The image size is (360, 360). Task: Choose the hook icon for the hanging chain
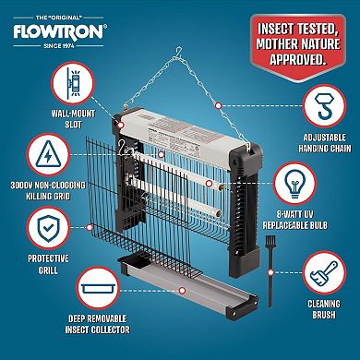320,103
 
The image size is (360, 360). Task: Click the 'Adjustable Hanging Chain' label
319,141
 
